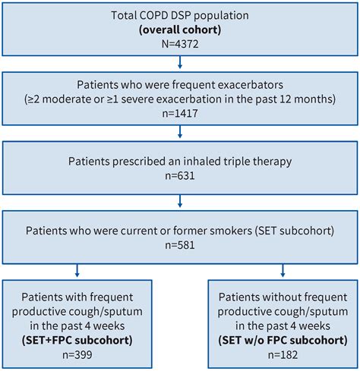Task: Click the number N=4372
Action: tap(180, 45)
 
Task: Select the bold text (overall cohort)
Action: tap(180, 30)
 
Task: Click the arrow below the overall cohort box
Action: tap(180, 66)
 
